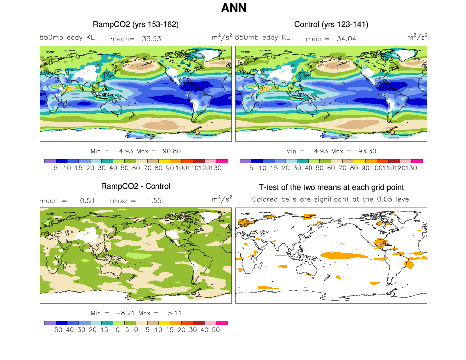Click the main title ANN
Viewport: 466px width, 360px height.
click(233, 8)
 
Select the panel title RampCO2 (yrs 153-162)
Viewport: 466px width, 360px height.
click(136, 24)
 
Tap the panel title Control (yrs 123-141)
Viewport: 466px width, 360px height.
click(331, 24)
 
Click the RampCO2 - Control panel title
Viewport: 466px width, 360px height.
click(136, 186)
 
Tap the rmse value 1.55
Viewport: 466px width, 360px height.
click(152, 200)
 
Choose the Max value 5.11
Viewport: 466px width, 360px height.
click(164, 313)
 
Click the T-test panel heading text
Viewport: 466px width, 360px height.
click(331, 187)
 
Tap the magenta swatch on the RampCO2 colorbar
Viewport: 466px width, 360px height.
click(222, 161)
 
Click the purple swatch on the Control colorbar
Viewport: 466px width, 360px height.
click(245, 161)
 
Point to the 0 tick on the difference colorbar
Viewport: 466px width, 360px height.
click(136, 330)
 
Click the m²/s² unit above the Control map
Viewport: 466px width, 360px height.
click(418, 37)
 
